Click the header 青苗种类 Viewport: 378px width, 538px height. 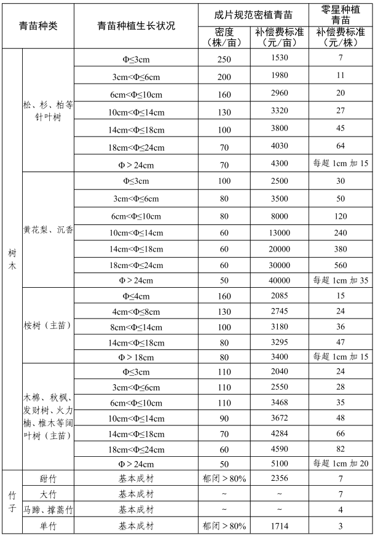click(x=38, y=26)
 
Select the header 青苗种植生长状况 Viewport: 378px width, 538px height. click(x=136, y=26)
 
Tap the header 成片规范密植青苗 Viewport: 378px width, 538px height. click(x=254, y=14)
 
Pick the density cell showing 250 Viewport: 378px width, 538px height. click(x=224, y=58)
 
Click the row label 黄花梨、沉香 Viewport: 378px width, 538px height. click(x=48, y=230)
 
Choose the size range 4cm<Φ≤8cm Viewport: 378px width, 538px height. click(x=136, y=312)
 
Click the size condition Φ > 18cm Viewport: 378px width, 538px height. click(x=136, y=357)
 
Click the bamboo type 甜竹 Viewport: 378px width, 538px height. click(x=48, y=478)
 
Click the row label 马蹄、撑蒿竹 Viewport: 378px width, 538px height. click(x=48, y=510)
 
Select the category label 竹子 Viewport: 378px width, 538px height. click(x=12, y=501)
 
